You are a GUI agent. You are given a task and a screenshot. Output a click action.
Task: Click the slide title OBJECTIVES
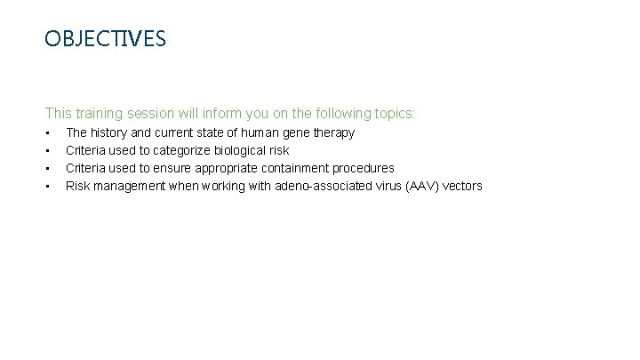(x=105, y=39)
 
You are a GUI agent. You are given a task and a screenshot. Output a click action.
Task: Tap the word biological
(x=241, y=150)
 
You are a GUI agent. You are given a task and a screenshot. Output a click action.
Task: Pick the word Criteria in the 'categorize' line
(x=88, y=150)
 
